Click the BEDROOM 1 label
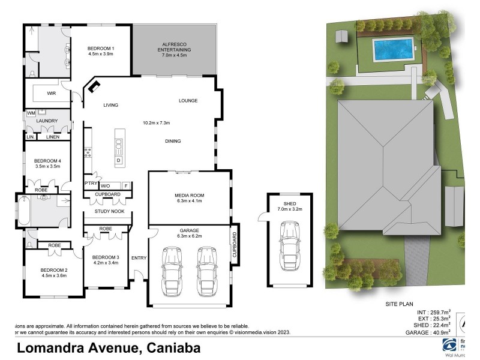tap(101, 49)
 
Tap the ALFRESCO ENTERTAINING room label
tap(176, 47)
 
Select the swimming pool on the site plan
tap(393, 50)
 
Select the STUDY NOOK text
tap(109, 212)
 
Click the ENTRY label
tap(139, 258)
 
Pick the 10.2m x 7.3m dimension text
tap(156, 123)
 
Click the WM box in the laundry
tap(31, 113)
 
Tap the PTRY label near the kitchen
tap(91, 184)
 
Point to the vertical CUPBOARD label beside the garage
tap(235, 244)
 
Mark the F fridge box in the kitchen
tap(125, 185)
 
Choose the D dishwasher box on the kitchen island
tap(118, 161)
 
